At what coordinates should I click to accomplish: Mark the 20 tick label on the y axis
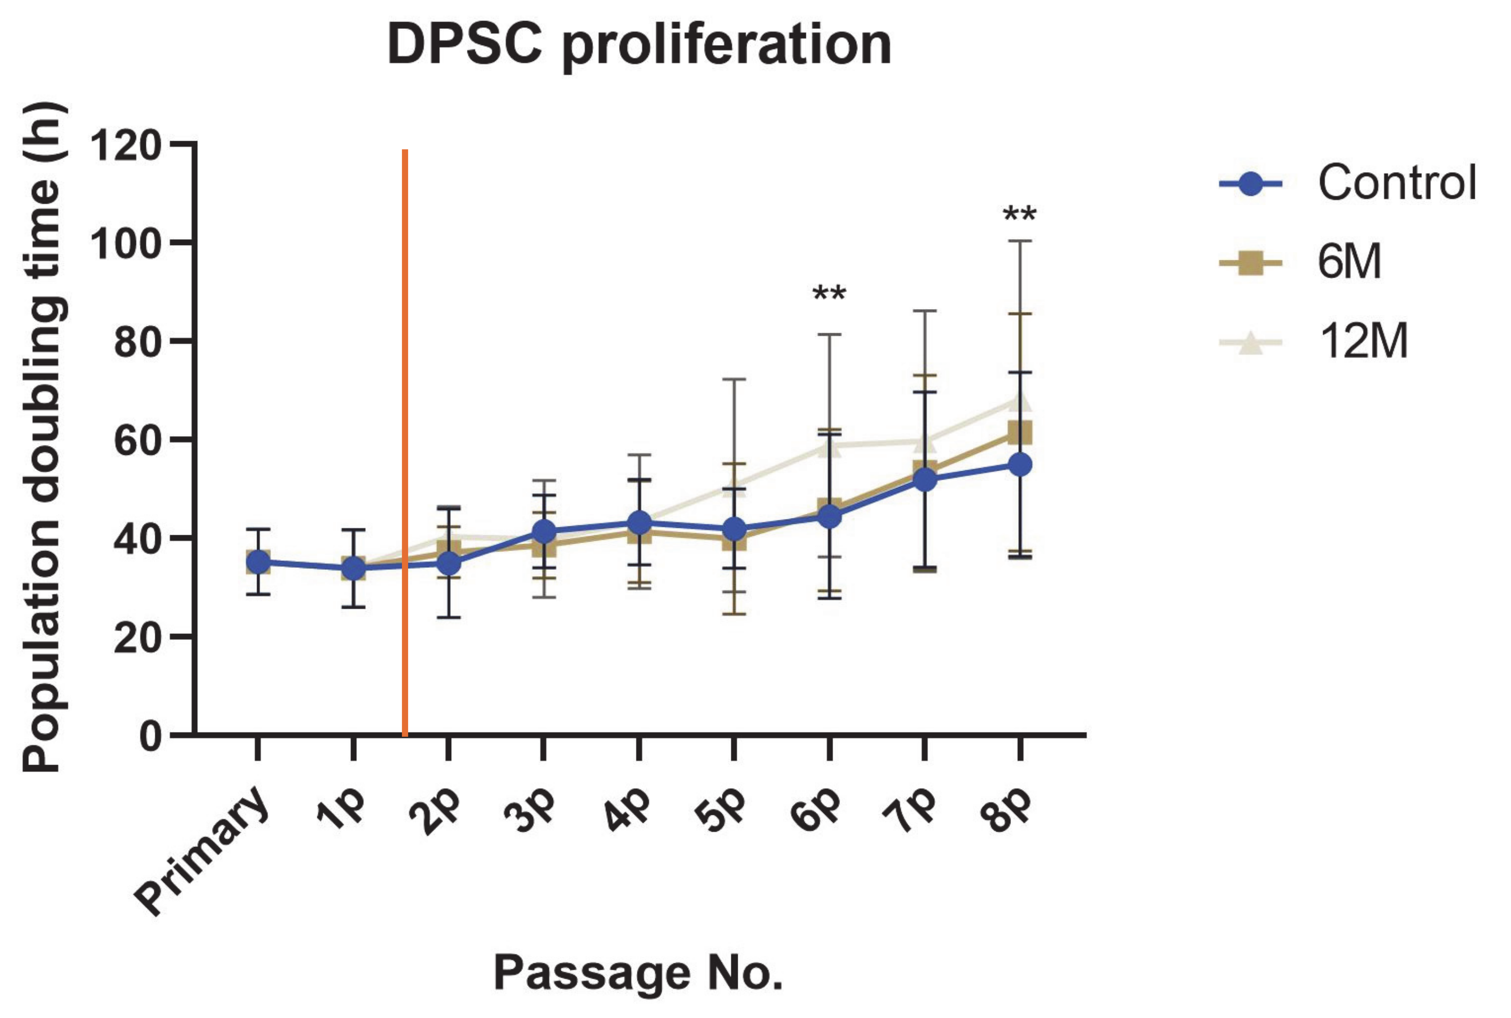137,638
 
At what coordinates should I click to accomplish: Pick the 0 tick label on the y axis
151,737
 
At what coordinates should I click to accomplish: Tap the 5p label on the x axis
720,812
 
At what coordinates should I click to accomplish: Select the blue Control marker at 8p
1020,465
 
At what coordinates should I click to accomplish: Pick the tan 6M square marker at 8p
1020,432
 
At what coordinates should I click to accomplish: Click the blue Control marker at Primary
258,562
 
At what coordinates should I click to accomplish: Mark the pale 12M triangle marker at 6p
829,446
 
